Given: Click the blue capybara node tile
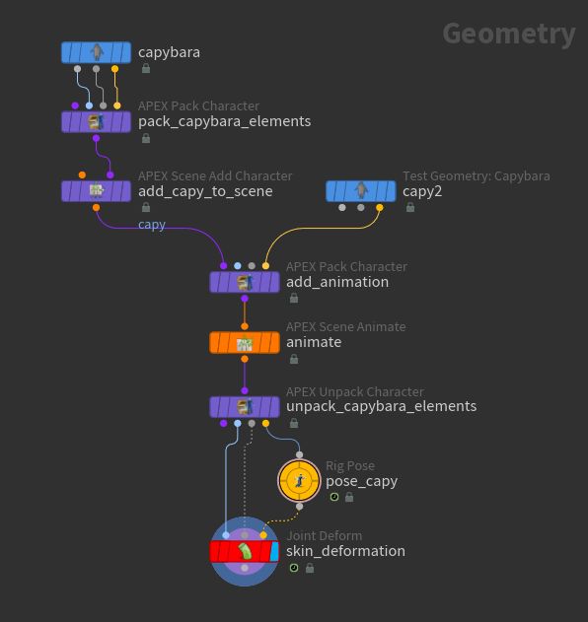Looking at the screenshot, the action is pos(96,52).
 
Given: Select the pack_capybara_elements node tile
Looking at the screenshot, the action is pos(96,122).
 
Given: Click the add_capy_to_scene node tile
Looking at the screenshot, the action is pos(96,191).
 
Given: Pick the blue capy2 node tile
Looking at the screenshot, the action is pos(361,191).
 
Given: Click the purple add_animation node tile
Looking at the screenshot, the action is pos(245,282).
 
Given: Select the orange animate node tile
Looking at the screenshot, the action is pos(245,342).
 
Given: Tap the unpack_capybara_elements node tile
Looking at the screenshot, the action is pos(245,407).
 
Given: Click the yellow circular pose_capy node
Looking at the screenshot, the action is pos(299,481).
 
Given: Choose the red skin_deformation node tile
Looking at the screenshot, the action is pos(245,552).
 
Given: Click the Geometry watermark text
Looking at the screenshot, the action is pos(509,35).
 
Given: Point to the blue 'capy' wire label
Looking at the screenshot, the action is pos(152,225).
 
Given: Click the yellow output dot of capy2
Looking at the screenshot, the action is pos(380,207).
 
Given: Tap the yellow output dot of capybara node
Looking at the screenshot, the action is pos(114,69).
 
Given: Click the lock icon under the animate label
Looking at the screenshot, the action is pos(294,359).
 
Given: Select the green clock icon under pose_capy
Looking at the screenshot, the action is pos(334,497).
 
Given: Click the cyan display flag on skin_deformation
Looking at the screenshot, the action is pos(274,552).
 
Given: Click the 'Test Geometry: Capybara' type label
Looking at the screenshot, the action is pos(477,175).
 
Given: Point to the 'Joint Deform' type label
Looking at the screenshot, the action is pos(325,536).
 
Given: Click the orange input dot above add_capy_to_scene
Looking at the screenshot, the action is pos(82,174).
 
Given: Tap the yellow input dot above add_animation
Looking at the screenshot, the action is pos(265,266).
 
